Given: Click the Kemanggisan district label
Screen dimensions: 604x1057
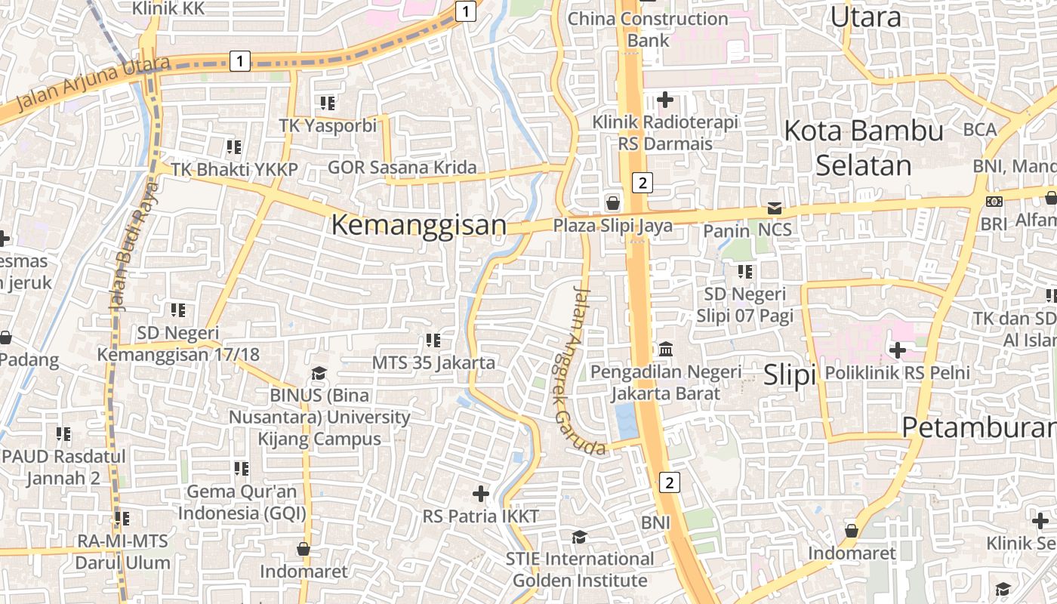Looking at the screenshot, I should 418,225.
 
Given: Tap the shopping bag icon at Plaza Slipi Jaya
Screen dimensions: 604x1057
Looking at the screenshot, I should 613,203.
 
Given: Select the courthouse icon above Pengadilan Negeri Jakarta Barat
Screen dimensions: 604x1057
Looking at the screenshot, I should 666,349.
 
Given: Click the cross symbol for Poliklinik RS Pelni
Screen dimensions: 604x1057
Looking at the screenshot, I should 897,350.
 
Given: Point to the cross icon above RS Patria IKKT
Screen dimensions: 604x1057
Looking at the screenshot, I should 480,494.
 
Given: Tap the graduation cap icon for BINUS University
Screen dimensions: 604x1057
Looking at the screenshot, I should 319,374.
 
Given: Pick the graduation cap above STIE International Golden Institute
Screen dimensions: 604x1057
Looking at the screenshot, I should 579,537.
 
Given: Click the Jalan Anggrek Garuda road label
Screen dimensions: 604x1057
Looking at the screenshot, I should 581,370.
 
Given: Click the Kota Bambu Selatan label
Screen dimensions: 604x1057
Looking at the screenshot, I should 864,147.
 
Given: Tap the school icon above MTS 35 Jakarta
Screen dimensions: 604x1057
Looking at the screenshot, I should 433,341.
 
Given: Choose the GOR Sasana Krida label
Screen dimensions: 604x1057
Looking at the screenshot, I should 402,168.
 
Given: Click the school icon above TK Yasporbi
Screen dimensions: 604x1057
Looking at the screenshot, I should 327,103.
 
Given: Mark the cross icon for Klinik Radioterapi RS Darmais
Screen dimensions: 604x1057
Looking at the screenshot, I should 664,99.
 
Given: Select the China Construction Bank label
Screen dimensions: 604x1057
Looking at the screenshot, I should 648,29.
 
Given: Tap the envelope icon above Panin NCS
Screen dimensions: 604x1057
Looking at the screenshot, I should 775,208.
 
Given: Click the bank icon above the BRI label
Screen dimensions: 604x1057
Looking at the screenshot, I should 994,202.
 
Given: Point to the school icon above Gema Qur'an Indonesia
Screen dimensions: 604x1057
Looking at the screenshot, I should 241,469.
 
